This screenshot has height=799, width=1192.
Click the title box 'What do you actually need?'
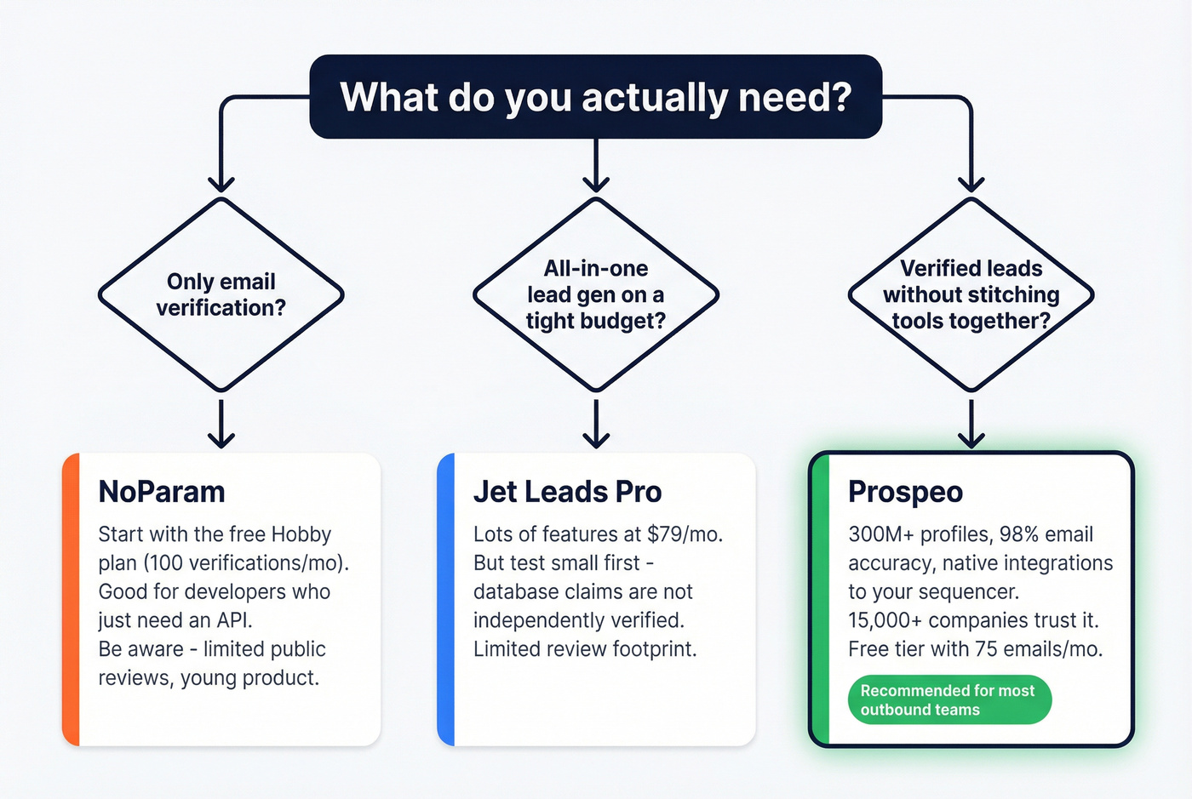[595, 97]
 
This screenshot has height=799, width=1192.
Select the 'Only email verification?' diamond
[221, 294]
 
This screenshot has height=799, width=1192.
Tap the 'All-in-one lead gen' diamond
[596, 294]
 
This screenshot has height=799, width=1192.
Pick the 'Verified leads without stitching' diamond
[971, 294]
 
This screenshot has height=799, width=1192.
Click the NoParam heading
[162, 492]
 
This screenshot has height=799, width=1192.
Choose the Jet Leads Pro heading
[567, 492]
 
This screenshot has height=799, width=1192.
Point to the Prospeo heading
[905, 492]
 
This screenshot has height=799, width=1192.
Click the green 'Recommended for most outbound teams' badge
[949, 700]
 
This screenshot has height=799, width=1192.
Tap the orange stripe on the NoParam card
[72, 600]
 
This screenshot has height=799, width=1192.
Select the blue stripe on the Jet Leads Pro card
[446, 600]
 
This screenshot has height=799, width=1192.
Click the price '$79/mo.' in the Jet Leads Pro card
[685, 534]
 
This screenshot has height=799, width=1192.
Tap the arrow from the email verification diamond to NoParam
[221, 423]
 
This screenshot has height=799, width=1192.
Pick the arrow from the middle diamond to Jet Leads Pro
[596, 423]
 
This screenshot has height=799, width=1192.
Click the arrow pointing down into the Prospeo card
[971, 423]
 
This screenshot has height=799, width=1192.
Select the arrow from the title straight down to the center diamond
[596, 165]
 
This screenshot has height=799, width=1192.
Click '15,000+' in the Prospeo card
[885, 620]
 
